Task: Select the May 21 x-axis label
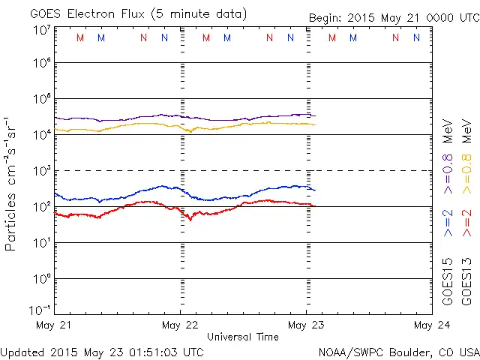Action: pos(53,325)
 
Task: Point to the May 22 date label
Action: pos(179,325)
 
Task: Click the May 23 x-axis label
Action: pos(305,325)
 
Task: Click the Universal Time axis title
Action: pos(242,337)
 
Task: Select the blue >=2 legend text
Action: pos(448,223)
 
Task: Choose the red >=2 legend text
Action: pos(466,223)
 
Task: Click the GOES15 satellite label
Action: pos(448,281)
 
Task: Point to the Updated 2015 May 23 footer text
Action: pos(102,351)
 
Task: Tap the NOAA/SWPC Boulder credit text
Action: pos(398,351)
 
